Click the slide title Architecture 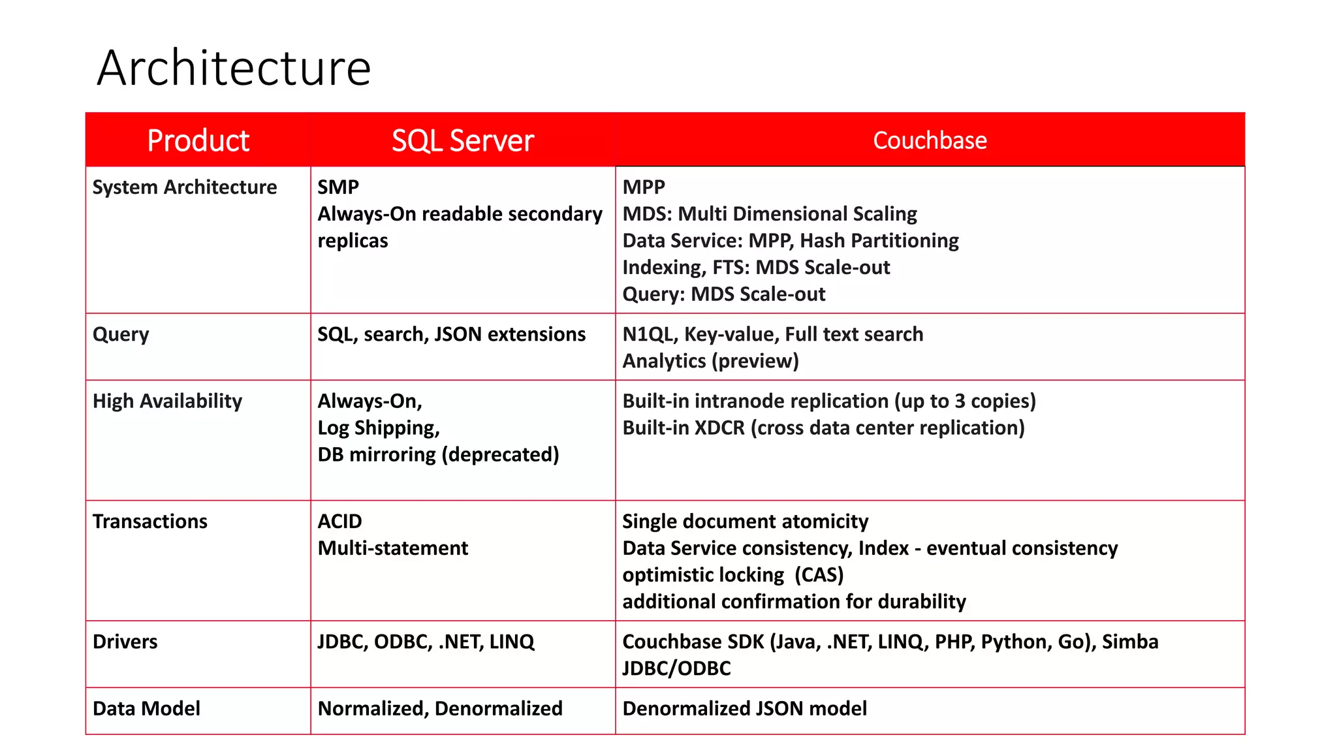234,68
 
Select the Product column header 198,140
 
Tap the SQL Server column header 463,140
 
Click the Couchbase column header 930,140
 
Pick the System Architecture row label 185,187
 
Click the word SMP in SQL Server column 338,187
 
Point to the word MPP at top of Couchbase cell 644,187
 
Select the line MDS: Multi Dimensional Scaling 770,214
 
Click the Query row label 121,334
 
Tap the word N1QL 648,334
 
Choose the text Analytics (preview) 710,361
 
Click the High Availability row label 167,401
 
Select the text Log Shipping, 379,428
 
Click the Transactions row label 150,522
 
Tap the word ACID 339,522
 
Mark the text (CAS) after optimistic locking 819,575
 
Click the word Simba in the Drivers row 1130,642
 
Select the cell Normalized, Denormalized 440,709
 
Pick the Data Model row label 146,709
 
